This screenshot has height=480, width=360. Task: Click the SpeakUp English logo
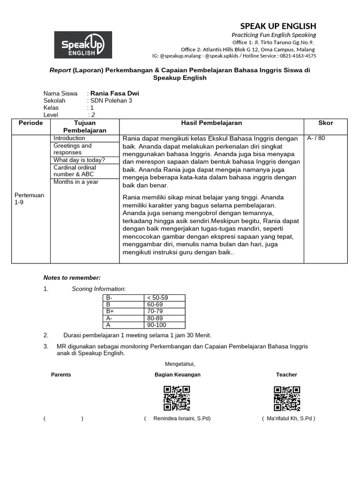pyautogui.click(x=83, y=45)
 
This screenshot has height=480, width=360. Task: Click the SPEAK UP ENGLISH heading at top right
pyautogui.click(x=278, y=26)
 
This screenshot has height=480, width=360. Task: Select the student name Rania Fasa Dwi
pyautogui.click(x=114, y=93)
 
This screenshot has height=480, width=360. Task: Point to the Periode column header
pyautogui.click(x=30, y=123)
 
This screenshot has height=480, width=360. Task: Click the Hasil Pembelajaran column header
pyautogui.click(x=211, y=123)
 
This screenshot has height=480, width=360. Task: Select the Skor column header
pyautogui.click(x=325, y=123)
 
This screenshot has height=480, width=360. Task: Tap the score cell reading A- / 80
pyautogui.click(x=315, y=138)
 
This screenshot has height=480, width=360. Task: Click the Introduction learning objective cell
pyautogui.click(x=69, y=138)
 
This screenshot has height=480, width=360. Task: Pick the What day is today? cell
pyautogui.click(x=79, y=160)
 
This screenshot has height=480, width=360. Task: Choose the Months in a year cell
pyautogui.click(x=76, y=182)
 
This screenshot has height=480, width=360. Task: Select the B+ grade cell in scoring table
pyautogui.click(x=111, y=311)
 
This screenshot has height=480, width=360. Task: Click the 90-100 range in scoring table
pyautogui.click(x=156, y=325)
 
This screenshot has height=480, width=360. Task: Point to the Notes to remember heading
pyautogui.click(x=72, y=277)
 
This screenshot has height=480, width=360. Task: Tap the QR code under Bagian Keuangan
pyautogui.click(x=177, y=398)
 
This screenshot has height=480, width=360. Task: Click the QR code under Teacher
pyautogui.click(x=287, y=398)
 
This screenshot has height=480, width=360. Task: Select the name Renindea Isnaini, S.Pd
pyautogui.click(x=182, y=418)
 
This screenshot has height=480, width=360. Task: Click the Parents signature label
pyautogui.click(x=61, y=375)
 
